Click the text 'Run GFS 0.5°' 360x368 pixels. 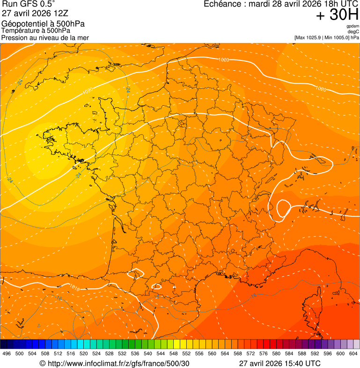[29, 5]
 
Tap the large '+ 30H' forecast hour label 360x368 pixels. [337, 15]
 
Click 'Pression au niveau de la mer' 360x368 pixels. [45, 37]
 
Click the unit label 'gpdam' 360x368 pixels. [353, 27]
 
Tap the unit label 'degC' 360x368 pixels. [353, 32]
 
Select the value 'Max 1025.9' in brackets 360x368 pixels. [309, 37]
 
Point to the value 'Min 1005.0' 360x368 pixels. [337, 37]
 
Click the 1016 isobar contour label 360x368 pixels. [74, 286]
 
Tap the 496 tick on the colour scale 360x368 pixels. [7, 353]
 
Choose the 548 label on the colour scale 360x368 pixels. [173, 353]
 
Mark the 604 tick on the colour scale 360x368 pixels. [353, 353]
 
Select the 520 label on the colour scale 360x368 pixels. [83, 353]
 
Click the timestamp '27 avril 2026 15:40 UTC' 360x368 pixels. [279, 363]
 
